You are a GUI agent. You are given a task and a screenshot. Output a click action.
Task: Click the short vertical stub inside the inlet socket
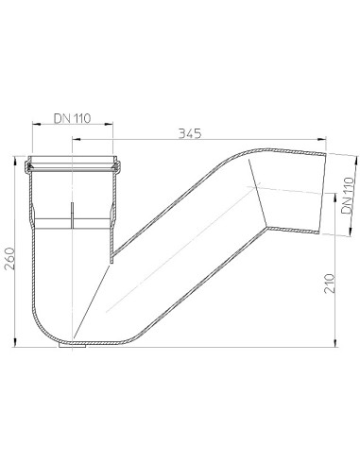[73, 214]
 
